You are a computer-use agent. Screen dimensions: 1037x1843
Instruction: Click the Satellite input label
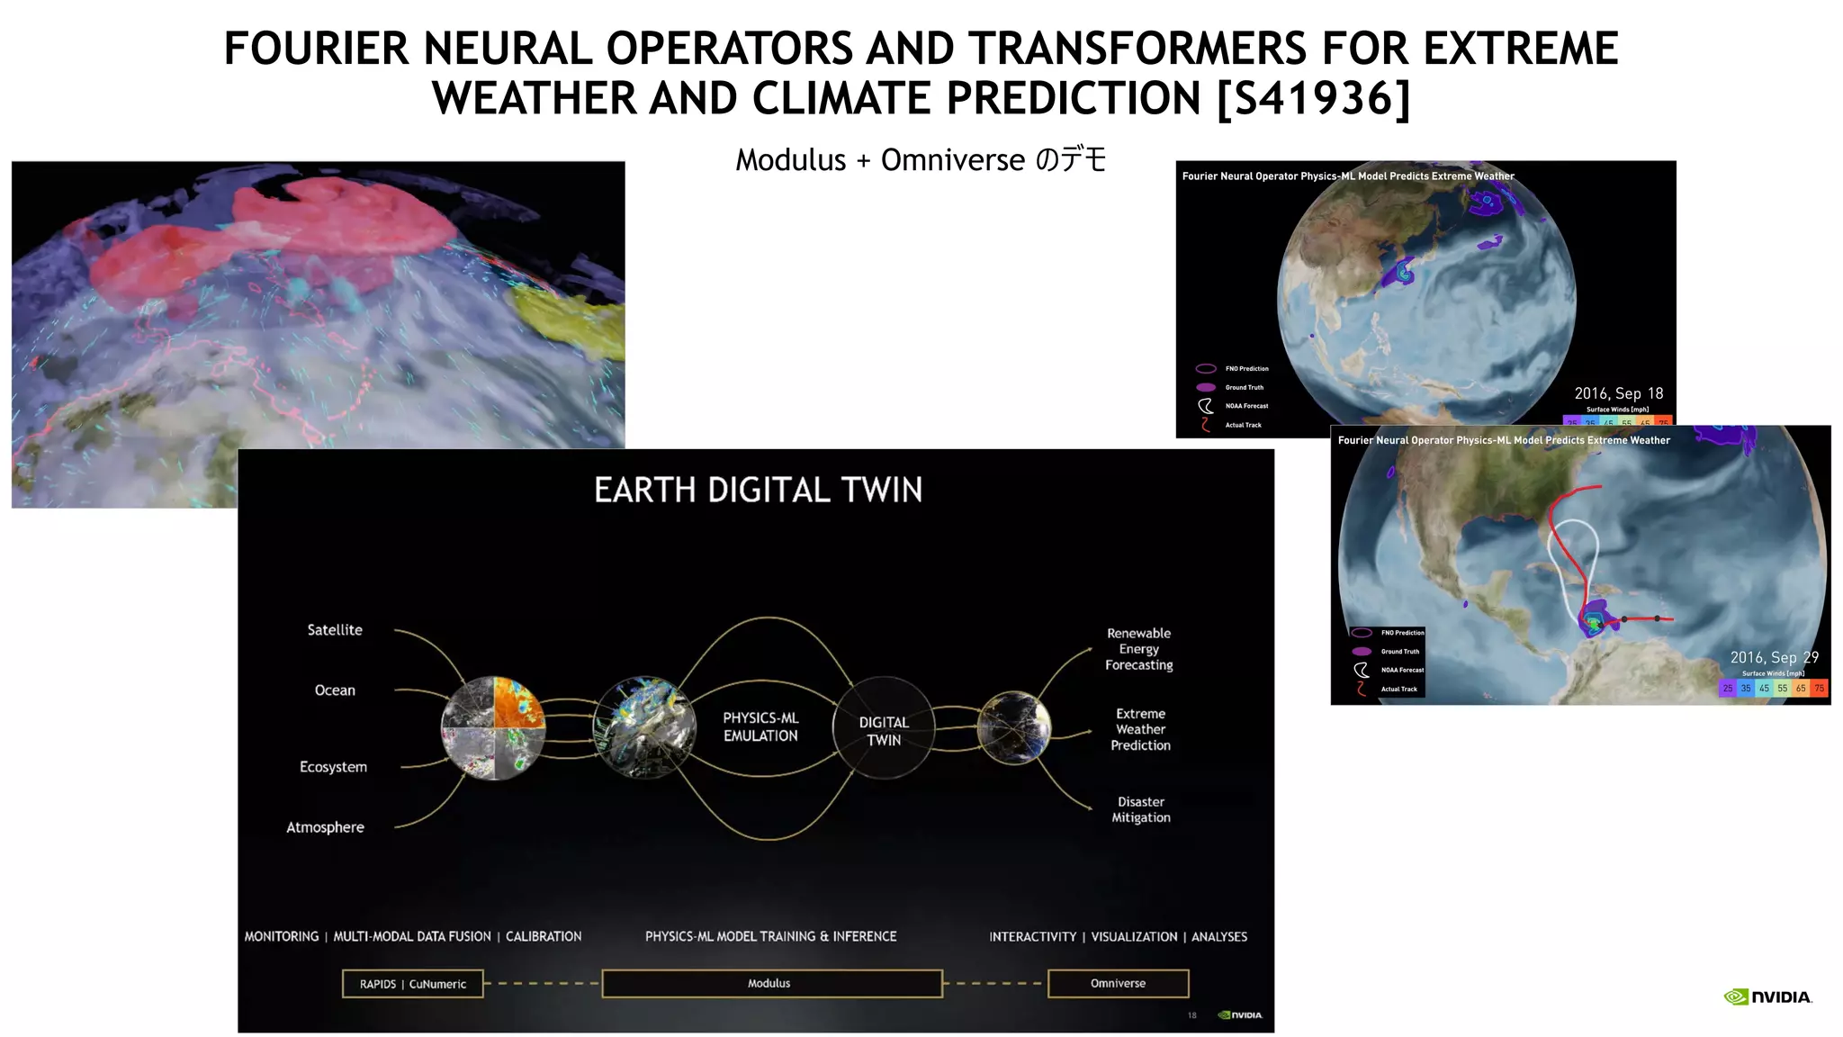pos(335,630)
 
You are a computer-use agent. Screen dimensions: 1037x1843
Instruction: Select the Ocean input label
pos(335,690)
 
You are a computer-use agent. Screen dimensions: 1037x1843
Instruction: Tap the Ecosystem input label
pos(333,767)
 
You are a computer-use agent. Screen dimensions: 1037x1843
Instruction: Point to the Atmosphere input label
pos(325,827)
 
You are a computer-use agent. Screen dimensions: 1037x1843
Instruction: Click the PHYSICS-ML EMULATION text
pos(760,726)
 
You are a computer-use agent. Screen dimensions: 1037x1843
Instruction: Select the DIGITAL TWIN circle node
pos(884,729)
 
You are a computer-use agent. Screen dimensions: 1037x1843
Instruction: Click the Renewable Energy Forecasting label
pos(1139,649)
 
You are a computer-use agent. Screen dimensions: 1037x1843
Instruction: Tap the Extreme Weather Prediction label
pos(1140,729)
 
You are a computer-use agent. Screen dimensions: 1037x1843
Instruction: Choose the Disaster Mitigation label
pos(1141,809)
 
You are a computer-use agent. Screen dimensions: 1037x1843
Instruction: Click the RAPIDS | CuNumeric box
pos(413,984)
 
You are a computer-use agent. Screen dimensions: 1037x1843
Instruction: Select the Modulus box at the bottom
pos(771,984)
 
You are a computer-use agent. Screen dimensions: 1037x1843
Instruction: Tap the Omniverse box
pos(1118,984)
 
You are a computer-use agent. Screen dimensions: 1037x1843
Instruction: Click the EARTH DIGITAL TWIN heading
pos(758,491)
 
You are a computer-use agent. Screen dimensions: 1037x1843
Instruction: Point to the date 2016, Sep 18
pos(1618,393)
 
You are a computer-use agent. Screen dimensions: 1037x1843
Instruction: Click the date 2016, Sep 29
pos(1774,658)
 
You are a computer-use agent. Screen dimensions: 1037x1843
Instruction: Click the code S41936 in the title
pos(1313,98)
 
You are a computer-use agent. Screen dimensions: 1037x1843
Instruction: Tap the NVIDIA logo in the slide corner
pos(1767,996)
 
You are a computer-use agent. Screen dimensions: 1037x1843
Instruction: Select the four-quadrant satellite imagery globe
pos(493,727)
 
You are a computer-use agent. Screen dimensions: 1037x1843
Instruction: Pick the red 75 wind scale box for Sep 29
pos(1819,689)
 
